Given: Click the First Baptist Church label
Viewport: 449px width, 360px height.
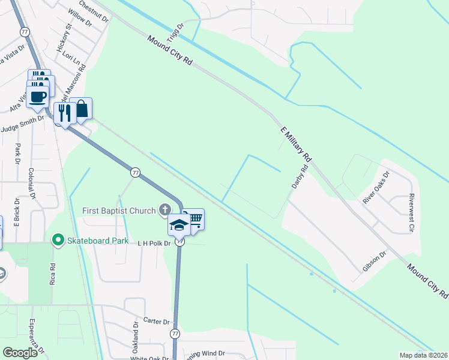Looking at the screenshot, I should pos(119,211).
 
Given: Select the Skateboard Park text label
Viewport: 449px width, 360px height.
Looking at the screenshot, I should pos(98,241).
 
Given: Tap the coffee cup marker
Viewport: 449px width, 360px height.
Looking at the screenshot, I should pos(37,97).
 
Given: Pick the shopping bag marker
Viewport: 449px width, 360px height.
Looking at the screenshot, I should pos(81,109).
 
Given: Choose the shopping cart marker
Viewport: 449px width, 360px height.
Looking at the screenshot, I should pos(194,219).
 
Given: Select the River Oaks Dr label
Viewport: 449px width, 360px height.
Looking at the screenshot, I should pos(376,187).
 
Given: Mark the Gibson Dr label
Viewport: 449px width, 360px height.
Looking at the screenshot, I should pos(375,262).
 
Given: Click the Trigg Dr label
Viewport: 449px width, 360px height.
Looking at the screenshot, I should pos(175,27).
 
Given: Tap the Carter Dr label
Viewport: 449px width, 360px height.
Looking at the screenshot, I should pos(158,321).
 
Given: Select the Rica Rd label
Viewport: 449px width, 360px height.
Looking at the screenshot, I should pos(53,273).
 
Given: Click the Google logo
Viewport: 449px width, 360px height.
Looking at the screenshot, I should pos(20,353).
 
